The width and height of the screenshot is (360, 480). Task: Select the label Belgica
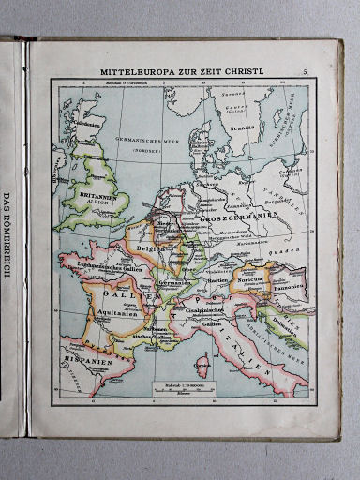(151, 250)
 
